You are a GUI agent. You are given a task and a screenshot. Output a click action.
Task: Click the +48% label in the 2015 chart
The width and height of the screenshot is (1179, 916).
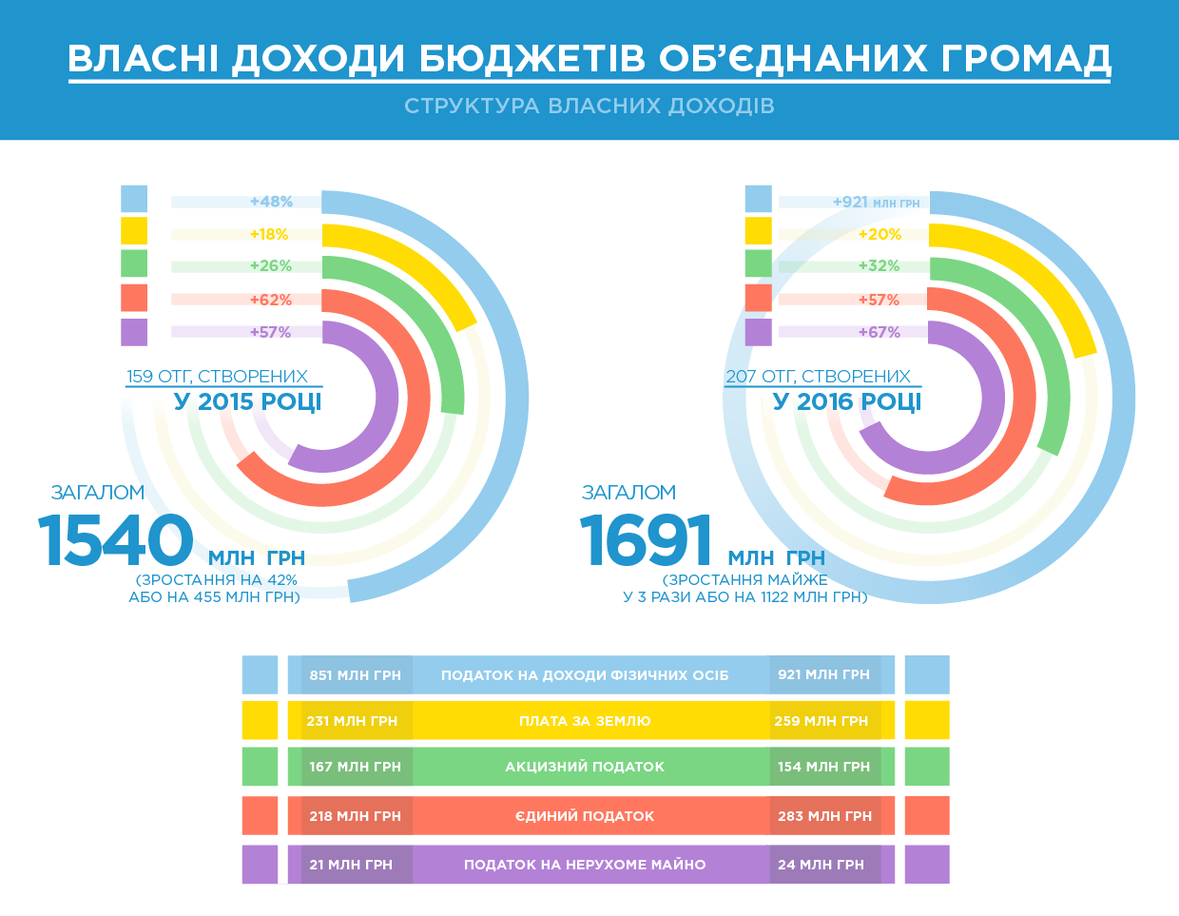click(271, 202)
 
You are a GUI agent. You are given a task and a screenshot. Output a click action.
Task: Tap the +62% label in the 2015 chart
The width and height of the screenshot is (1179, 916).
click(271, 300)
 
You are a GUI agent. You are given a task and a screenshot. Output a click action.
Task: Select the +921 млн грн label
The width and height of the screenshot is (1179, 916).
click(876, 203)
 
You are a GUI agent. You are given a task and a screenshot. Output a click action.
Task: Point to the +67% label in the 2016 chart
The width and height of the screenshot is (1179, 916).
click(879, 332)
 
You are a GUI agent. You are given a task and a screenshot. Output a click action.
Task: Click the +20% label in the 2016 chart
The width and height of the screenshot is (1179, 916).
click(879, 234)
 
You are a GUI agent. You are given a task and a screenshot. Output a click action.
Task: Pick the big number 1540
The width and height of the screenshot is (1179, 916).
click(116, 540)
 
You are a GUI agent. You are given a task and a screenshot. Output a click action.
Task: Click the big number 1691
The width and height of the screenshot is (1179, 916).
click(647, 540)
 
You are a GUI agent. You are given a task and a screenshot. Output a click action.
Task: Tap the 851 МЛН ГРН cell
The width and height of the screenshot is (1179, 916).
click(356, 675)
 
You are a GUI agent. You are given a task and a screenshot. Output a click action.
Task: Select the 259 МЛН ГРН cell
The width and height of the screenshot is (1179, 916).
click(821, 721)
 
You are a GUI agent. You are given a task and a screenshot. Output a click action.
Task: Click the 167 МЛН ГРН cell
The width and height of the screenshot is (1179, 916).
click(356, 767)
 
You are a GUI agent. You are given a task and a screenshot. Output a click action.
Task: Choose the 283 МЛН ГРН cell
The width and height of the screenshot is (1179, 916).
click(824, 816)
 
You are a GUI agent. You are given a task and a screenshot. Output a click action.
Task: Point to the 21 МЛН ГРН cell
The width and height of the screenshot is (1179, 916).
click(351, 865)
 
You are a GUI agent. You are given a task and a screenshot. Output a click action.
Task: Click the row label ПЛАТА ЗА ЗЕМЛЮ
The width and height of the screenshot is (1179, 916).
click(585, 721)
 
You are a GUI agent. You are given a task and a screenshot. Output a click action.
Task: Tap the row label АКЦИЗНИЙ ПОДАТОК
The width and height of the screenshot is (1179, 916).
click(585, 767)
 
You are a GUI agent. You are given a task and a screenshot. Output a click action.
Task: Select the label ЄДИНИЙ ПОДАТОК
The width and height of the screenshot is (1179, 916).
click(585, 816)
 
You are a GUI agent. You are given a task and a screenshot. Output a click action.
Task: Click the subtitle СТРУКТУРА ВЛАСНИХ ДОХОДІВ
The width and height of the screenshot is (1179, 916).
click(589, 106)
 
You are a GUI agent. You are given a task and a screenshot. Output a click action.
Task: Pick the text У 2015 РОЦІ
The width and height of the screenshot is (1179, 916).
click(248, 401)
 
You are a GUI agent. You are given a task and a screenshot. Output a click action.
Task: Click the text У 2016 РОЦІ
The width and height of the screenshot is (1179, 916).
click(847, 401)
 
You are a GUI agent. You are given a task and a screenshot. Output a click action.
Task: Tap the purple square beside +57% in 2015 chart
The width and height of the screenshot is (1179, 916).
click(134, 332)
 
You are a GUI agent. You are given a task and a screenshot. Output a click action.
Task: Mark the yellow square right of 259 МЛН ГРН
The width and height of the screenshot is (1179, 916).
click(927, 720)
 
